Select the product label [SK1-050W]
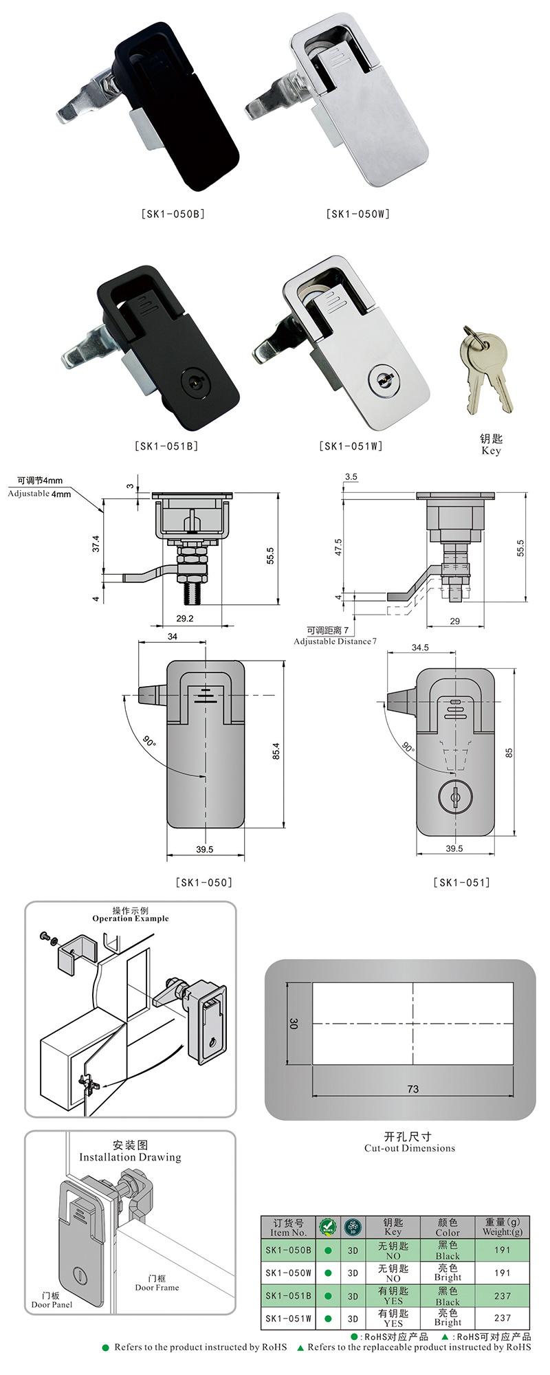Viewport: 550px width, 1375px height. click(357, 214)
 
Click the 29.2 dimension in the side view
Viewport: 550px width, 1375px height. click(185, 618)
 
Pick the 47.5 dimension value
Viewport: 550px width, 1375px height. click(338, 547)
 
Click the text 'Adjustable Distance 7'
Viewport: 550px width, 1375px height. click(335, 641)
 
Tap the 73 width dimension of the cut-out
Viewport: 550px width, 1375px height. click(412, 1088)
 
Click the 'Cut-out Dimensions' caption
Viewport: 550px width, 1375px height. click(410, 1147)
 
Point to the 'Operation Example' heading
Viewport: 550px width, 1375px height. click(131, 918)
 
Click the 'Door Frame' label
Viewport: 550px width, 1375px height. click(157, 1287)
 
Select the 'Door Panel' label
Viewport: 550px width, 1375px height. click(52, 1304)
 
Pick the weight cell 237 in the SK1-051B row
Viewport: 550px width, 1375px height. click(502, 1295)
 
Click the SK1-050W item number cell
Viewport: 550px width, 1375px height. click(288, 1273)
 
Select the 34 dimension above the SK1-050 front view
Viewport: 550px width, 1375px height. click(172, 637)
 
